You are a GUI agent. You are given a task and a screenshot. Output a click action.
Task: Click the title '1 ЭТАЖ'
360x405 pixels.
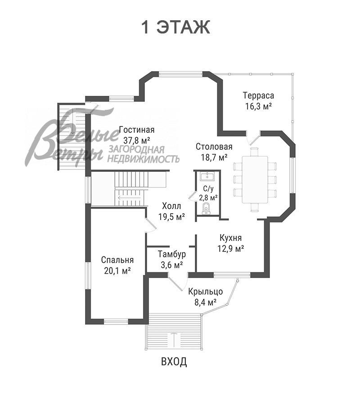tap(175, 27)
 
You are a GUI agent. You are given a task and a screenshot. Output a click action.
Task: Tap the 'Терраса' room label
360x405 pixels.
tap(258, 95)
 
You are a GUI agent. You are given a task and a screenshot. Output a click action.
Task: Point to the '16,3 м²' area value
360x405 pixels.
tap(258, 106)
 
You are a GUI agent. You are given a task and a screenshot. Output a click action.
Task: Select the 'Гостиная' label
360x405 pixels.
tap(137, 130)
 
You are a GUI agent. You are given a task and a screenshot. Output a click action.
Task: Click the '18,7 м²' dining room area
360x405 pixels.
tap(214, 157)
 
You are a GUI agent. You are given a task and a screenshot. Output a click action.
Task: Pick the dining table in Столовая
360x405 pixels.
tap(255, 180)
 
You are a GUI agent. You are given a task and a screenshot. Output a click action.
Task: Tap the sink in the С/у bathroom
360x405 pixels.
tap(207, 176)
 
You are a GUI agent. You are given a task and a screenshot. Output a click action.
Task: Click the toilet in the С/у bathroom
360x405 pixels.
tap(206, 209)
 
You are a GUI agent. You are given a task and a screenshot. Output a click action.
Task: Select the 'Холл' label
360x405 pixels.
tap(171, 206)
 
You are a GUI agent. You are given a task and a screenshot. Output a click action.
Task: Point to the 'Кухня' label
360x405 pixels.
tap(230, 238)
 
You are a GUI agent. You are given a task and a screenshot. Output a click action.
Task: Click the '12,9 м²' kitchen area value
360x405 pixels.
tap(231, 248)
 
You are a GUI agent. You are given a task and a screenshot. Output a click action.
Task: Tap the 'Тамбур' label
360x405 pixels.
tap(172, 254)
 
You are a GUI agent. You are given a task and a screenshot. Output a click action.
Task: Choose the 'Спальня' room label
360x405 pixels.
tap(117, 260)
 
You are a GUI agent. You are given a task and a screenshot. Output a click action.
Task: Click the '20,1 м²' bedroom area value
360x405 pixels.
tap(117, 271)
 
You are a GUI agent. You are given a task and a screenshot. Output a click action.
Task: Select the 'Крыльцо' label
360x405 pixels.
tap(205, 292)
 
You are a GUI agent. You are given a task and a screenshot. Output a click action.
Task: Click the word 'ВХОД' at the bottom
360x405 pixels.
tap(174, 362)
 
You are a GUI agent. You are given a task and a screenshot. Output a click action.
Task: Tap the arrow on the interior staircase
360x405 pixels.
tap(129, 198)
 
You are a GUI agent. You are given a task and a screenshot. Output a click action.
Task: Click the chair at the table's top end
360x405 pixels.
tap(255, 152)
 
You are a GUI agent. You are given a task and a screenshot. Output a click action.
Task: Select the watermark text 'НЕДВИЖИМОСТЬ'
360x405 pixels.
tap(144, 159)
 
